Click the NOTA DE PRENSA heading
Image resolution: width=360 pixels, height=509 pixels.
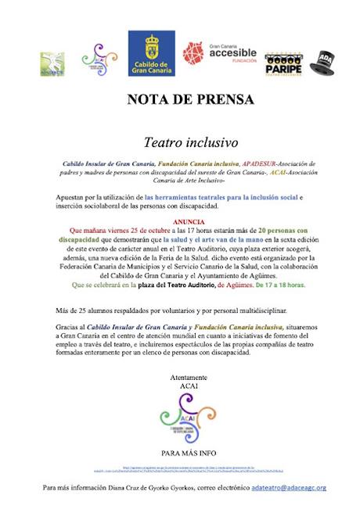[x=180, y=100]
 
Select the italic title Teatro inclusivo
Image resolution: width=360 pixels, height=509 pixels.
[x=179, y=143]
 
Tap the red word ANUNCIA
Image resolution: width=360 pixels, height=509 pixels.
[x=180, y=222]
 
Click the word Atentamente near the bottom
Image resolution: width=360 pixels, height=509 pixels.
[x=180, y=377]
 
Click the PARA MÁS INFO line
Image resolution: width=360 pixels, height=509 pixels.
[x=180, y=452]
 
